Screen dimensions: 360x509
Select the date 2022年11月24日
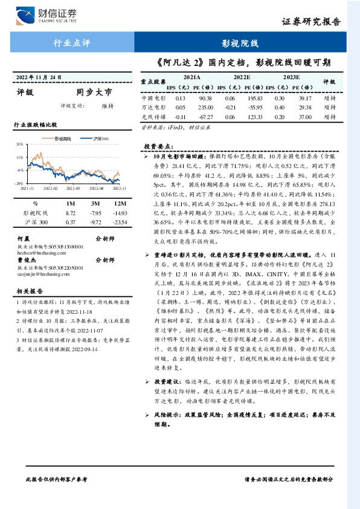point(39,78)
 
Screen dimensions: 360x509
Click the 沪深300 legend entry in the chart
point(101,140)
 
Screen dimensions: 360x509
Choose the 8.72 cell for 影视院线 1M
point(71,213)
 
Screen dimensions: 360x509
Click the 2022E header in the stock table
point(242,78)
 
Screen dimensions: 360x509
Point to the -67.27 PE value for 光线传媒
point(205,117)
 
